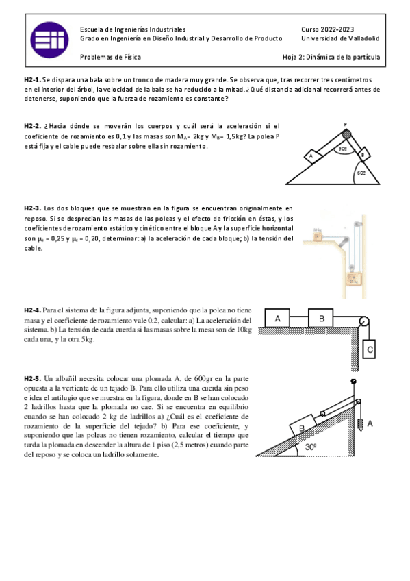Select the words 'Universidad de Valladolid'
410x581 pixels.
coord(340,39)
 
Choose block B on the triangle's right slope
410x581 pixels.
coord(361,155)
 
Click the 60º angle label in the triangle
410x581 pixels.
coord(361,173)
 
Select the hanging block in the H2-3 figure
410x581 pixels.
coord(354,279)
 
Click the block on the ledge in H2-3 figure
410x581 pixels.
coord(317,236)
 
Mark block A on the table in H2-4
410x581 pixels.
coord(279,319)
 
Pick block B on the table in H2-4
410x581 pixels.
coord(320,319)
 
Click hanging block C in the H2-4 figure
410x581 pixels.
coord(370,349)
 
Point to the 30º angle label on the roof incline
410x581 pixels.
coord(311,447)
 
